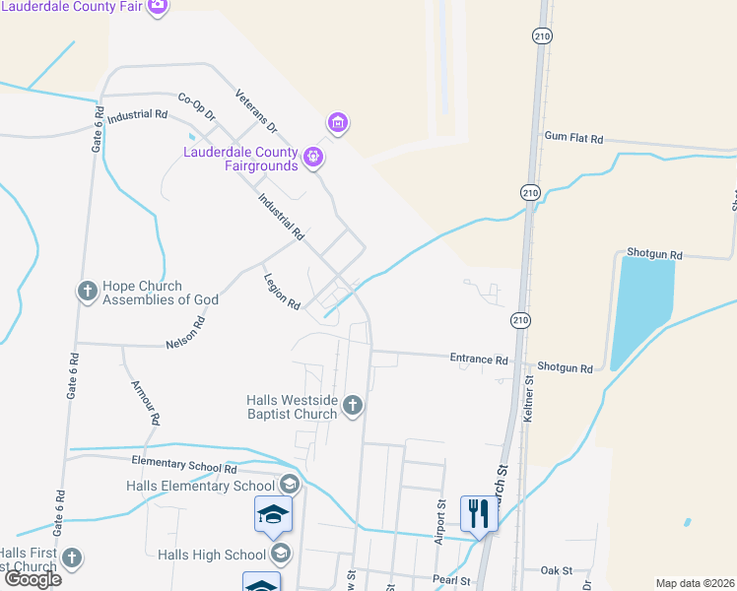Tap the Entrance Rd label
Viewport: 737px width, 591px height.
(x=479, y=360)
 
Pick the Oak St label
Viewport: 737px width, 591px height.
(x=556, y=570)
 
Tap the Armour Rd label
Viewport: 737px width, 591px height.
(x=145, y=402)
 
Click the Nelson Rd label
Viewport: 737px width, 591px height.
(x=185, y=334)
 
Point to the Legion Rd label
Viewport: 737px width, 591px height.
(x=282, y=292)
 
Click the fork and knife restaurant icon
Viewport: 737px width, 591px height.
(x=479, y=513)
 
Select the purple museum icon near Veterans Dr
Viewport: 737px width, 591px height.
(x=338, y=123)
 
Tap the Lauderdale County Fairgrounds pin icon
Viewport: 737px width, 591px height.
(x=313, y=156)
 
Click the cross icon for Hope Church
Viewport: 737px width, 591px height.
(x=87, y=292)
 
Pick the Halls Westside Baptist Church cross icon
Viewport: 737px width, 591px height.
(x=354, y=404)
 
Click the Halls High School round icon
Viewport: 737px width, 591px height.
(x=282, y=553)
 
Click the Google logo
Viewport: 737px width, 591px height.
(x=33, y=579)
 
